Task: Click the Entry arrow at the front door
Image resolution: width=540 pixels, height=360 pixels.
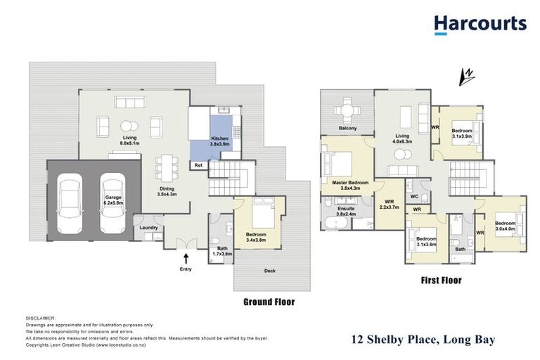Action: coord(186,258)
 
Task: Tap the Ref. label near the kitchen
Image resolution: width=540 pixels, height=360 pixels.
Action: coord(199,165)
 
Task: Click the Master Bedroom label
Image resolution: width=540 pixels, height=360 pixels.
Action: coord(345,184)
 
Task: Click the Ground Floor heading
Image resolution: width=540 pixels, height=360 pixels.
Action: coord(269,302)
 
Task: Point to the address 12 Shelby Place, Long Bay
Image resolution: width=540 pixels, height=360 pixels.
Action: coord(423,340)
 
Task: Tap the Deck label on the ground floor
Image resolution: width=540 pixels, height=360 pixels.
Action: coord(270,269)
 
